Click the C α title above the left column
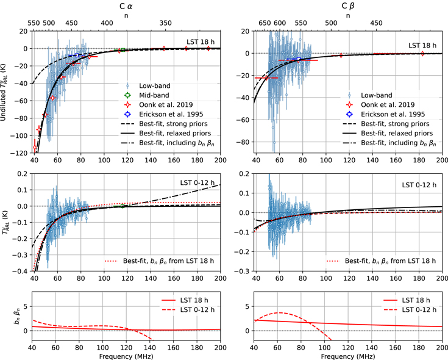click(126, 6)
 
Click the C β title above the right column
click(348, 6)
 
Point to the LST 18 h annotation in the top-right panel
click(422, 46)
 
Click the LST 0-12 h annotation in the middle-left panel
click(197, 182)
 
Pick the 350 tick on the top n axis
click(165, 23)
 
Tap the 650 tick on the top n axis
click(265, 23)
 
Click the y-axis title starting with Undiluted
click(4, 92)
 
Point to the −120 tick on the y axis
click(20, 153)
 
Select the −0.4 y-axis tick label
click(22, 271)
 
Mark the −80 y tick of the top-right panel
click(244, 142)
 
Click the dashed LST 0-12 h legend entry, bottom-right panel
click(410, 310)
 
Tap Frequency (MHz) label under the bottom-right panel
click(347, 356)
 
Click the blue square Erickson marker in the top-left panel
click(77, 55)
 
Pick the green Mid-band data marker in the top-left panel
click(123, 50)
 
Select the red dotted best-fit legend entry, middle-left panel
click(159, 261)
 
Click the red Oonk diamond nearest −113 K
click(35, 148)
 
